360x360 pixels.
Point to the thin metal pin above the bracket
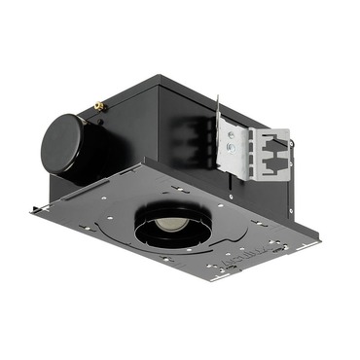coord(219,105)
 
